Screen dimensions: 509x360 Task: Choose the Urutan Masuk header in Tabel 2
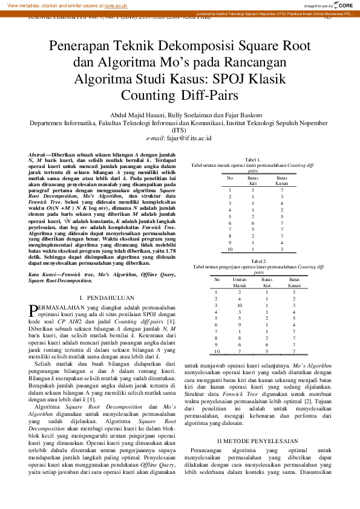[240, 282]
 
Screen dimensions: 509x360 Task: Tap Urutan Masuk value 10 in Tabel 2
[240, 305]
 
